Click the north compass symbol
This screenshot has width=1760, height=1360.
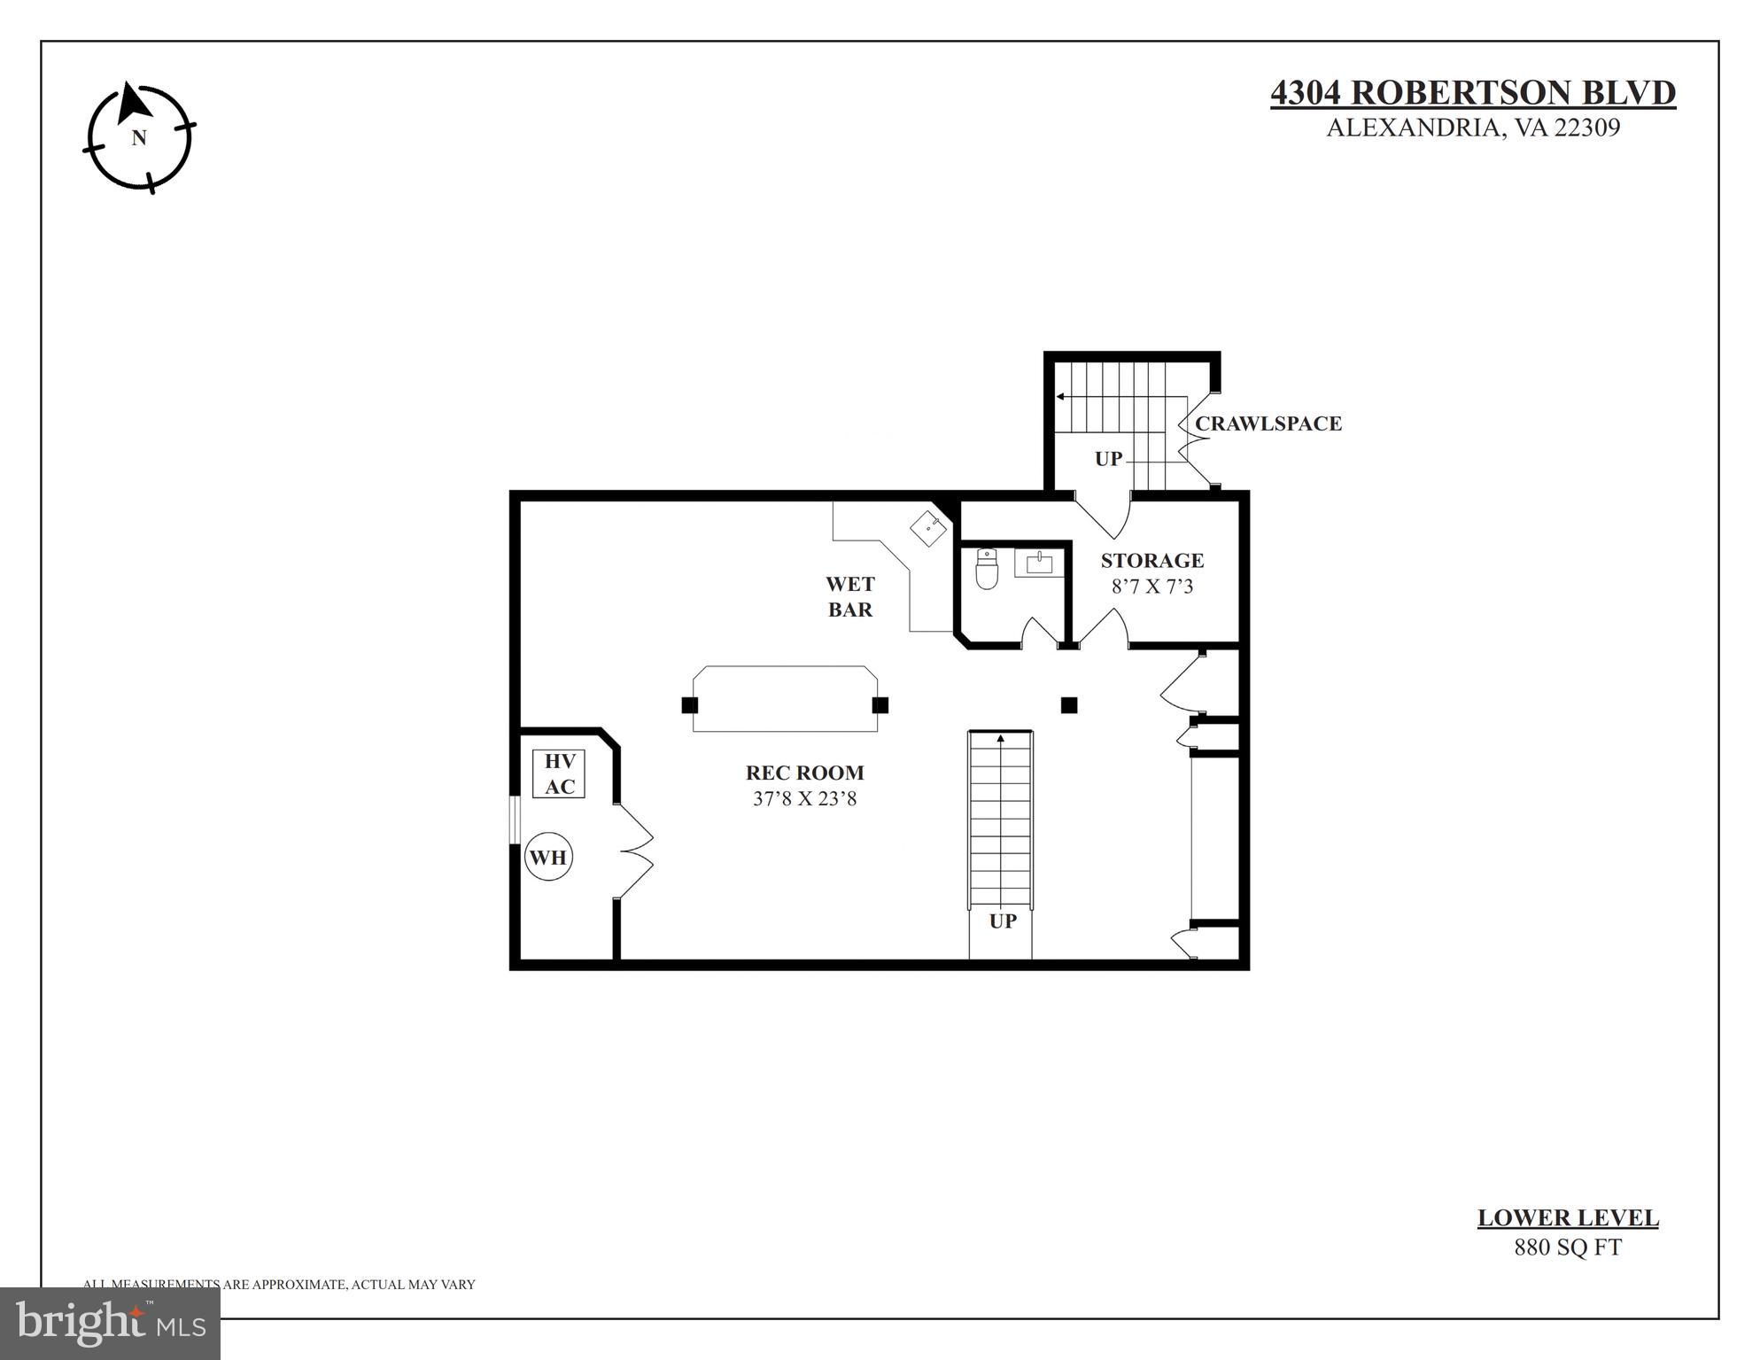[139, 137]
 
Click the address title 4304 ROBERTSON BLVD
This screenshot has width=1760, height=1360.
[1472, 93]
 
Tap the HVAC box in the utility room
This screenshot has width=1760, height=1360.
[559, 773]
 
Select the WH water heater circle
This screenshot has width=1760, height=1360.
[547, 857]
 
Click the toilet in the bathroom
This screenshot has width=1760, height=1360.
[986, 569]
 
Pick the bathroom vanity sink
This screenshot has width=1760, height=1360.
[1038, 563]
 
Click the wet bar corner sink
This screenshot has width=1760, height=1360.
[928, 528]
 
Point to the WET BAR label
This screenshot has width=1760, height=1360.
[849, 596]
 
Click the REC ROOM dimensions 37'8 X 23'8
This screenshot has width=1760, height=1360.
[804, 798]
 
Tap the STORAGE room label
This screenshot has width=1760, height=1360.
[1151, 560]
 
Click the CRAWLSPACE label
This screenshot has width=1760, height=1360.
[1268, 424]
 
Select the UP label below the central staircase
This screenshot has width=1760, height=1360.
[1002, 921]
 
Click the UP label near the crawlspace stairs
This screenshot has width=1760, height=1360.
[1108, 459]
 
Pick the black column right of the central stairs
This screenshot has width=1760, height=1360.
[1068, 705]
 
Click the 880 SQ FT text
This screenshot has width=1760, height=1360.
[1567, 1247]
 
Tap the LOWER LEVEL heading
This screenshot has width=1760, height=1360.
[1567, 1218]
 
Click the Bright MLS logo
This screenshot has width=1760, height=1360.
[110, 1323]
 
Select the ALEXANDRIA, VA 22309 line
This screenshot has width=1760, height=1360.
[1472, 128]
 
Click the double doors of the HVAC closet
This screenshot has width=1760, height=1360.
[635, 851]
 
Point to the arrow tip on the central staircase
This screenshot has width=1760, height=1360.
[1001, 737]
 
